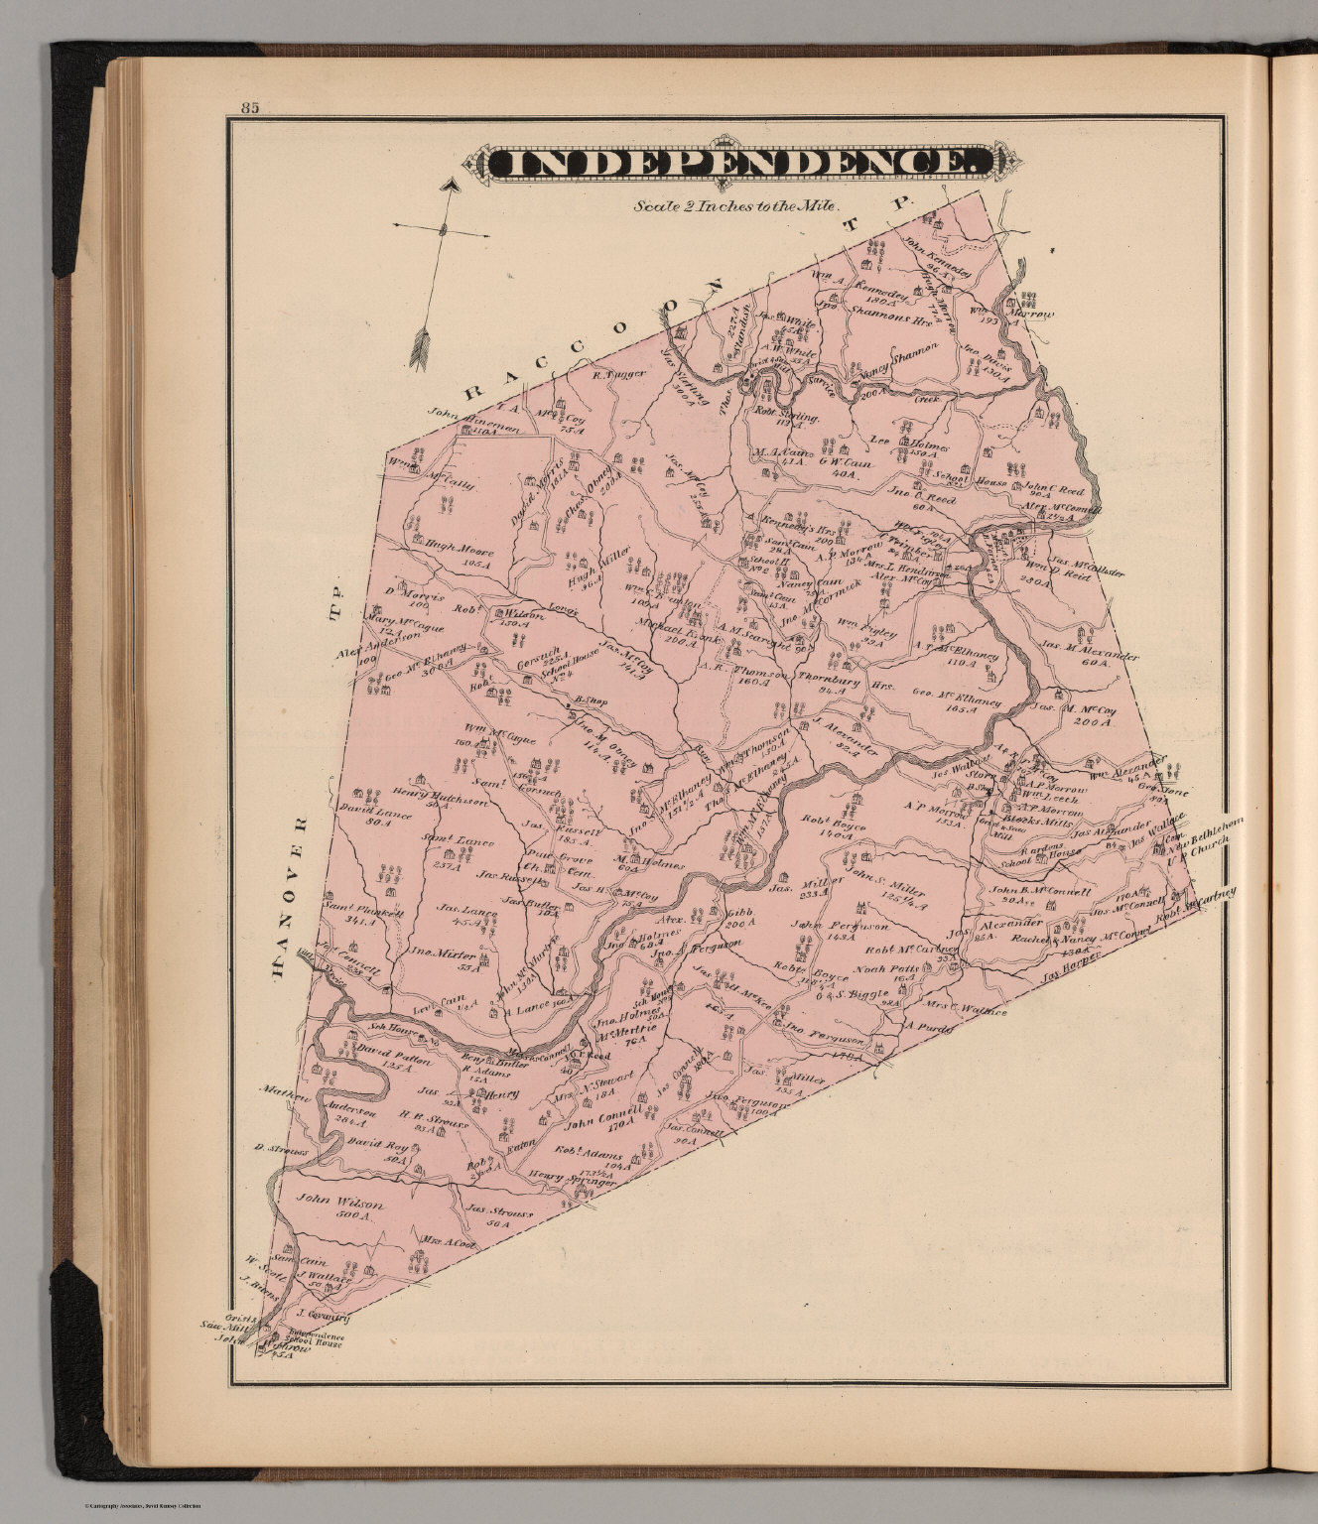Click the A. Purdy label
pyautogui.click(x=929, y=1029)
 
